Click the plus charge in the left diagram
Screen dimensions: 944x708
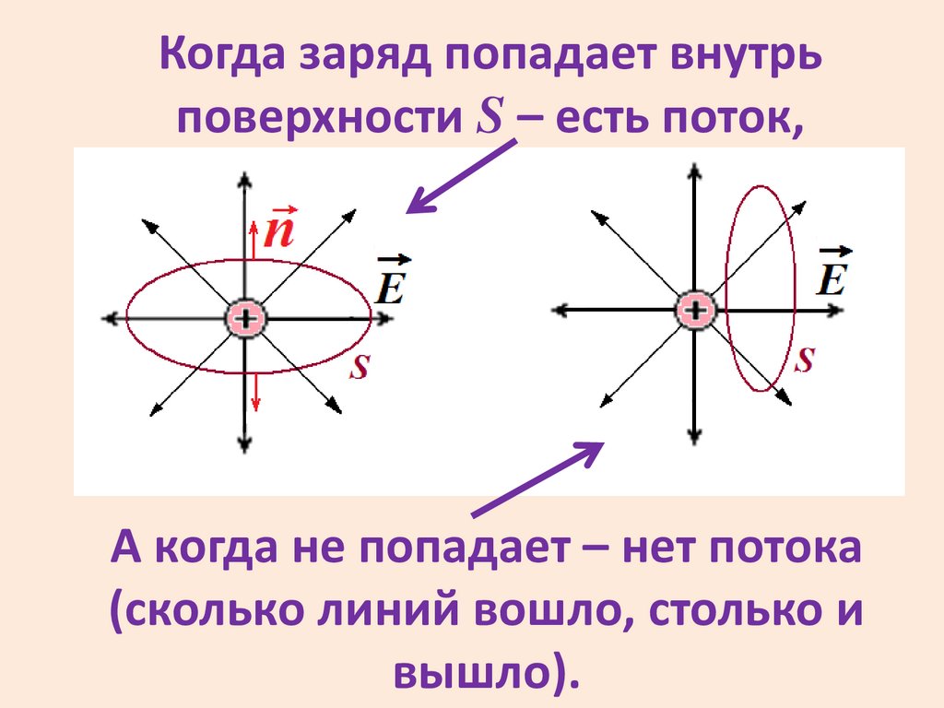[x=246, y=319]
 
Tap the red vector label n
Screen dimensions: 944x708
[x=278, y=231]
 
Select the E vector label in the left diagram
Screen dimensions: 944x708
[x=391, y=282]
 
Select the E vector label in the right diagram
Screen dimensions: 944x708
[x=832, y=274]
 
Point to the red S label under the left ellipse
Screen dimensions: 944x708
[x=360, y=368]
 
